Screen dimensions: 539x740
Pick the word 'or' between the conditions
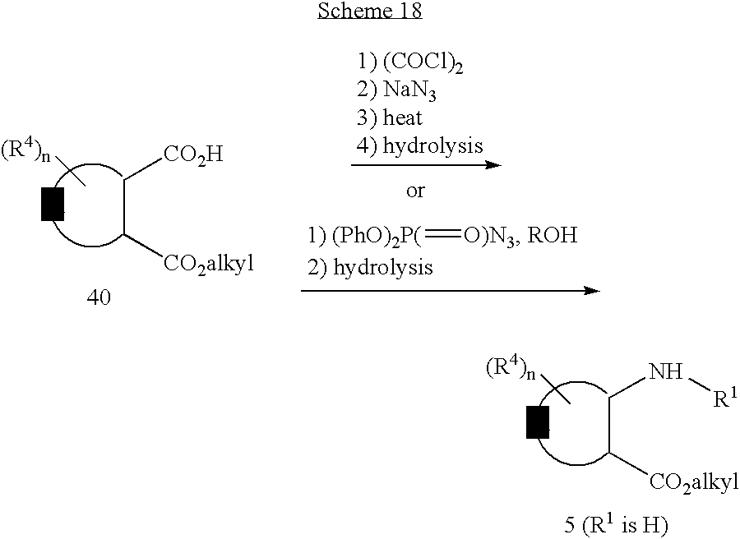coord(415,191)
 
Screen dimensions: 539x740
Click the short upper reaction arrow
coord(425,165)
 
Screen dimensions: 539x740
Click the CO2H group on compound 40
coord(193,154)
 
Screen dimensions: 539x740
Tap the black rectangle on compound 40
coord(53,205)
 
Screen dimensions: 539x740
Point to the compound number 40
coord(99,298)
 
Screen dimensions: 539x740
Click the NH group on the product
coord(665,374)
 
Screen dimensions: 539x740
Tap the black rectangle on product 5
coord(537,423)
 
